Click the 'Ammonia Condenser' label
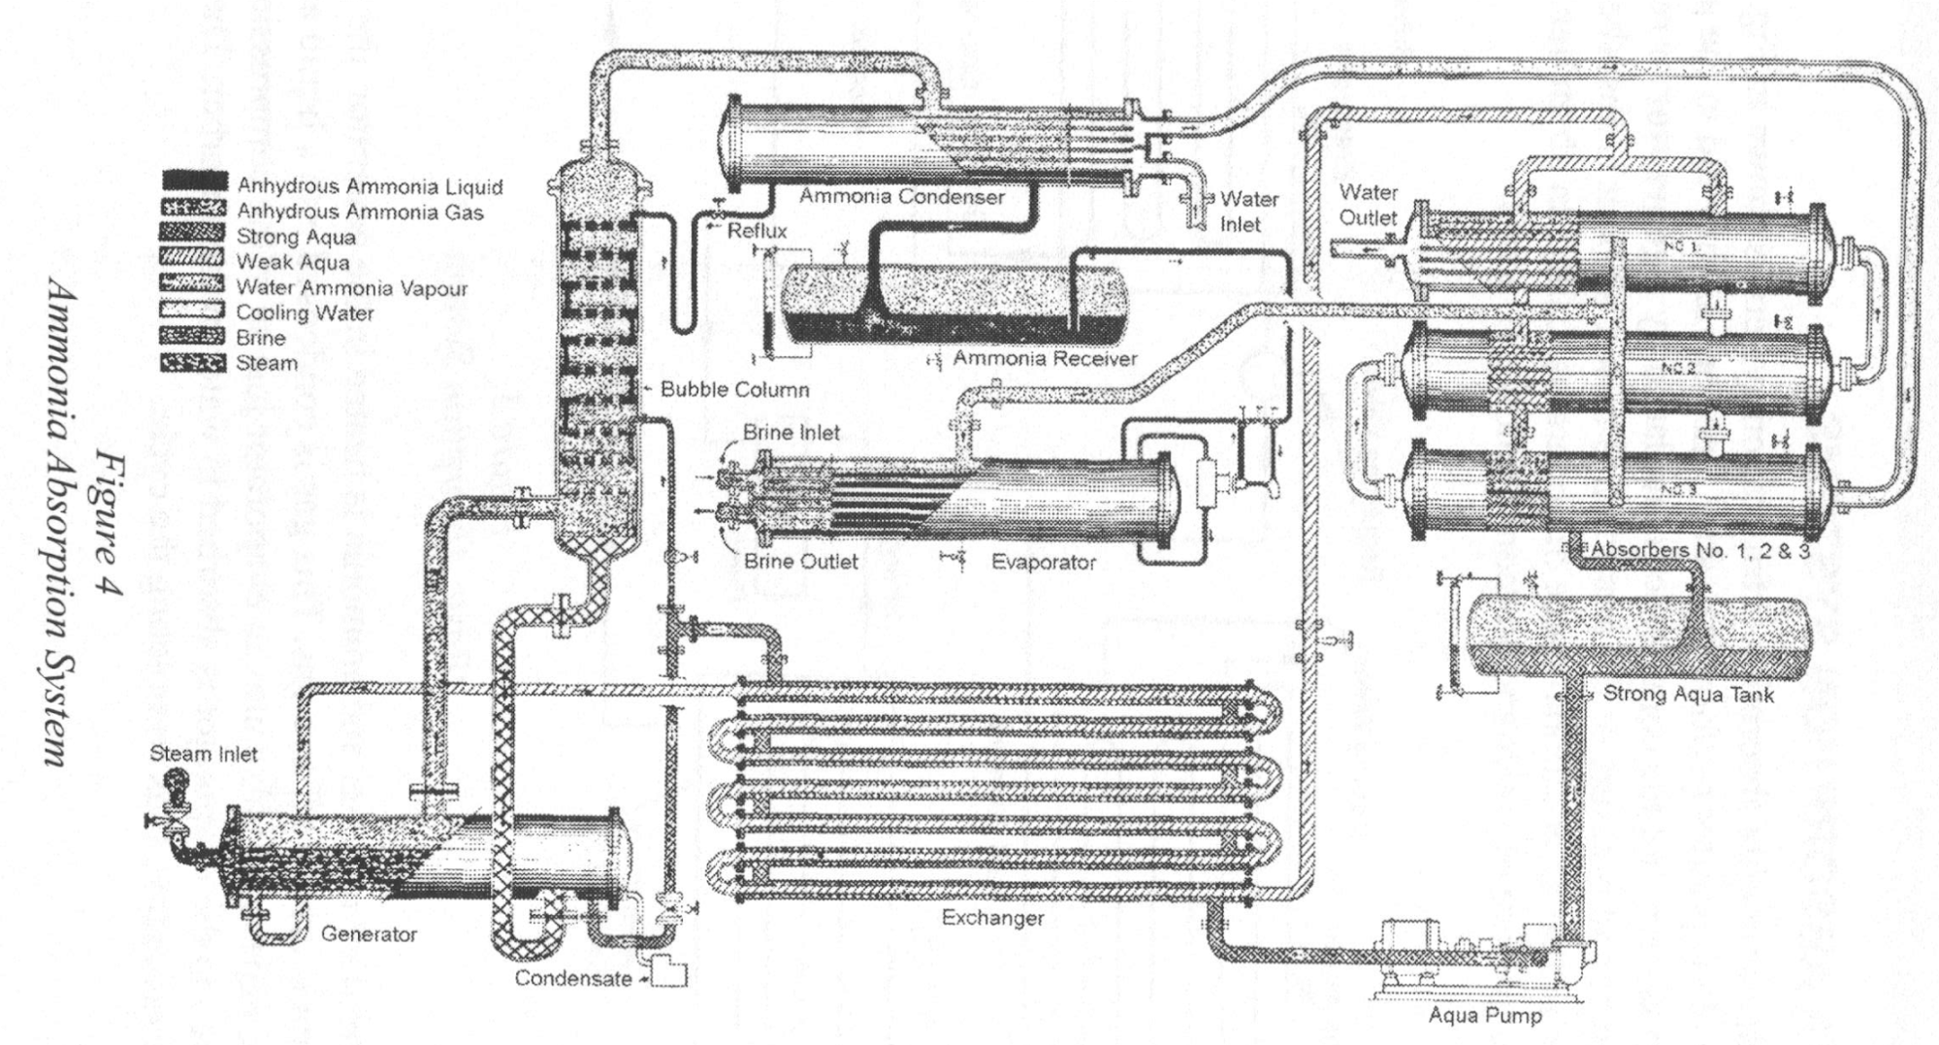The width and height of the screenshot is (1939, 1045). coord(901,197)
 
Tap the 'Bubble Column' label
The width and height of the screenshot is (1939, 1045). coord(734,390)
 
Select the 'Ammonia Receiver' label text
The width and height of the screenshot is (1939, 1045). coord(1044,359)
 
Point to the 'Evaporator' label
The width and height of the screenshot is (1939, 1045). coord(1043,563)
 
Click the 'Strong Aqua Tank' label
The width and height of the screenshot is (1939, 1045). coord(1688,695)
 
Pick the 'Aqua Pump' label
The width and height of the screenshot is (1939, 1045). coord(1484,1016)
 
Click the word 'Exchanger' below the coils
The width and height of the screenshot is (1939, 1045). coord(992,918)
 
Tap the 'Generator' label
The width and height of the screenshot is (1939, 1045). coord(369,934)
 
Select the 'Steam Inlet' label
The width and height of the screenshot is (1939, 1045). coord(204,755)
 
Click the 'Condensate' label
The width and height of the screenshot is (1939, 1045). coord(573,978)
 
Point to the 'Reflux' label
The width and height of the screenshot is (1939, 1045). coord(758,231)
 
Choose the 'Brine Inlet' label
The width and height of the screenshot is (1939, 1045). coord(792,433)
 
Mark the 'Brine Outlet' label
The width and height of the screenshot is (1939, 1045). coord(801,562)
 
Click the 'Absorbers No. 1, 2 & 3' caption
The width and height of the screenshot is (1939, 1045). coord(1699,550)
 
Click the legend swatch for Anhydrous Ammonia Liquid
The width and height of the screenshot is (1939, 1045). coord(195,182)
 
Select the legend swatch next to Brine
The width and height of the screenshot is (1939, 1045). coord(195,338)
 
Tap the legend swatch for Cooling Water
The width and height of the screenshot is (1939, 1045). coord(195,312)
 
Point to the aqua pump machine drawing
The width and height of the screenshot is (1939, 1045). coord(1455,956)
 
